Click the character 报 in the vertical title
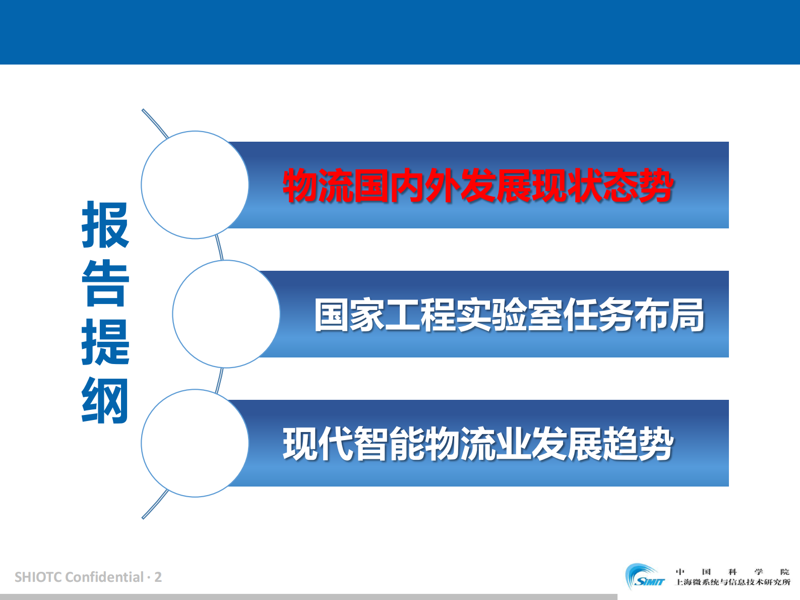pos(105,225)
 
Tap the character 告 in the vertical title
pos(105,283)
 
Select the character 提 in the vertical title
pos(105,342)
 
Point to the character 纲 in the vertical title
pos(105,401)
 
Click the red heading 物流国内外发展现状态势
pos(478,186)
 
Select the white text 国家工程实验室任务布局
pos(509,315)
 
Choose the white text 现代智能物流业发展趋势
pos(478,444)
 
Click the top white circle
pos(195,185)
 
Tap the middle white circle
pos(226,314)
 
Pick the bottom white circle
pos(195,443)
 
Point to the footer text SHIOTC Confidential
pos(79,577)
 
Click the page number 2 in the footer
pos(158,577)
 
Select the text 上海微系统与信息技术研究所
pos(732,582)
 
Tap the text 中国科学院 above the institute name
pos(732,572)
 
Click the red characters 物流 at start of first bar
pos(318,186)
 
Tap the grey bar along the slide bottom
pos(309,596)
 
